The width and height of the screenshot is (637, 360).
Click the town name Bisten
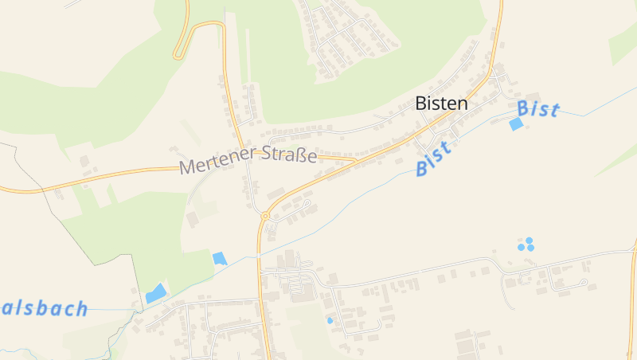441,104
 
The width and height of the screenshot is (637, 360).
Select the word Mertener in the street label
214,162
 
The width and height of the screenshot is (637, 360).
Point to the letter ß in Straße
303,155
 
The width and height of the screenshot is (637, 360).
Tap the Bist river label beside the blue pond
538,109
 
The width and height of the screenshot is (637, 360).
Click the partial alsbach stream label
44,309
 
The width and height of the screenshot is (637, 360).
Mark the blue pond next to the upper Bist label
517,124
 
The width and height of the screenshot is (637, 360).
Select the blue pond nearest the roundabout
220,258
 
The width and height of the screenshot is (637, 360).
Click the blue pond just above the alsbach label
156,294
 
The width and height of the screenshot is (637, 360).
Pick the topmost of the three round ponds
528,240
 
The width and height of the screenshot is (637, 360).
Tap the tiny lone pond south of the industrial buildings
330,320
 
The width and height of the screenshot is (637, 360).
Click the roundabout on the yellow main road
264,216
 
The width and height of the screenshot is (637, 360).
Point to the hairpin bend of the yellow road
178,55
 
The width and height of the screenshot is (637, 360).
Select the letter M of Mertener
187,167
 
